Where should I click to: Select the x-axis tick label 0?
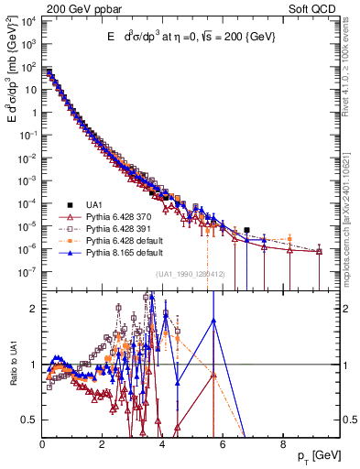pos(42,443)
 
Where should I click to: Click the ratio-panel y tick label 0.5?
pos(31,420)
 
